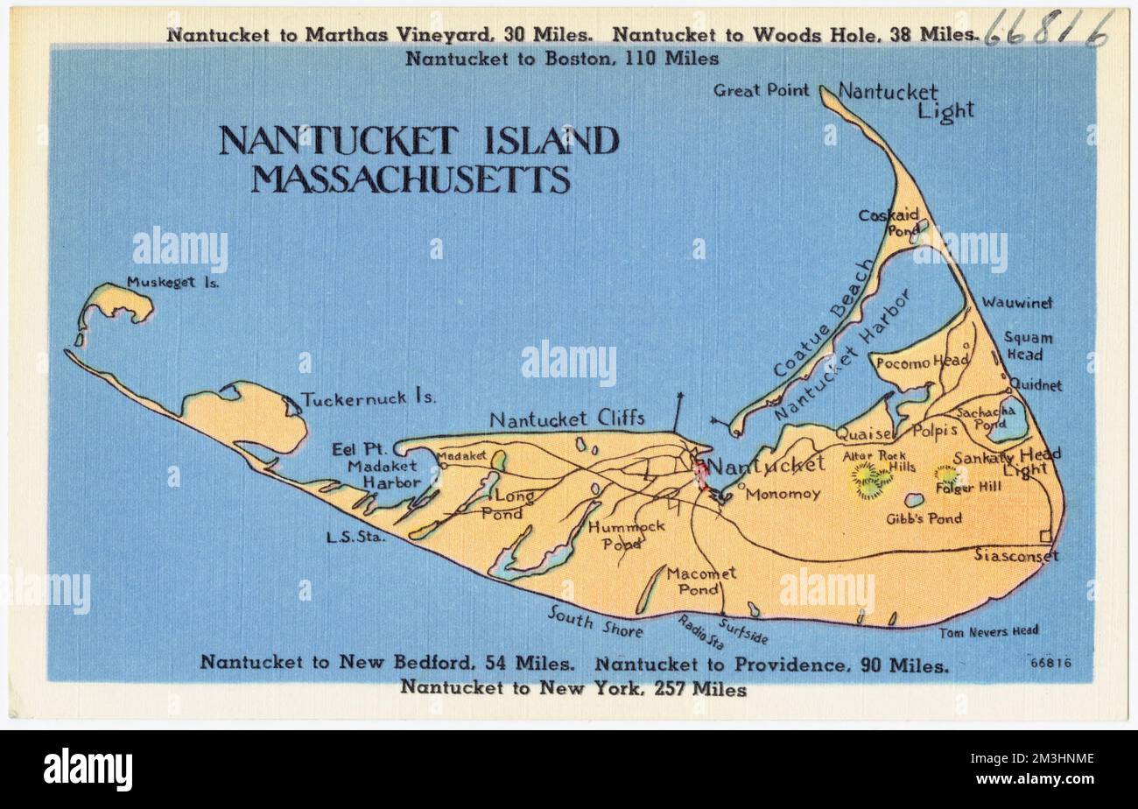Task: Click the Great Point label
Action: [x=761, y=89]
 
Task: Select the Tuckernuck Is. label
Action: [x=369, y=398]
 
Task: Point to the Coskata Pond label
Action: [x=888, y=222]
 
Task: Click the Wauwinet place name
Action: [x=1016, y=302]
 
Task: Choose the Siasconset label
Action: [x=1015, y=555]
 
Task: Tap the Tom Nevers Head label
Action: [x=989, y=630]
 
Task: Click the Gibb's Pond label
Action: [x=924, y=518]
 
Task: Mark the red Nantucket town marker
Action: [x=700, y=474]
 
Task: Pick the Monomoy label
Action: [x=783, y=494]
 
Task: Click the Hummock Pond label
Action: [x=627, y=534]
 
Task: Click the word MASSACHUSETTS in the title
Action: [x=411, y=179]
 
